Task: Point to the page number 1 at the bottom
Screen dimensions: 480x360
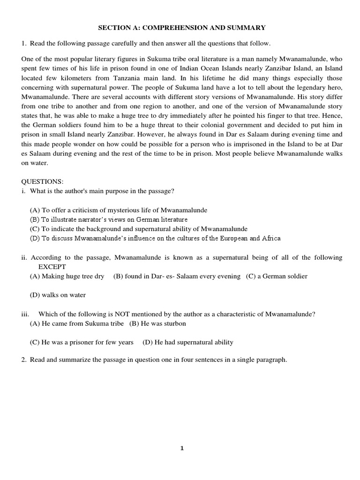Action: pos(182,448)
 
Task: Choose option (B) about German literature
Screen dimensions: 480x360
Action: pos(108,219)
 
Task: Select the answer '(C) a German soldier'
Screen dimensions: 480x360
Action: pos(277,276)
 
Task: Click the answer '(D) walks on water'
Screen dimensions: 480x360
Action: pos(58,295)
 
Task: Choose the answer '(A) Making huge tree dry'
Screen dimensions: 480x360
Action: pos(67,276)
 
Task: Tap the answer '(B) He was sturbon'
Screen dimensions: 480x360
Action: pos(157,323)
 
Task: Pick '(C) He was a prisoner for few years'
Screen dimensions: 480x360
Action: pos(82,342)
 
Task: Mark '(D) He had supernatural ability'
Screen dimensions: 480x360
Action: pos(188,342)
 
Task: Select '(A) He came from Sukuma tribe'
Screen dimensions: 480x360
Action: pos(77,323)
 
